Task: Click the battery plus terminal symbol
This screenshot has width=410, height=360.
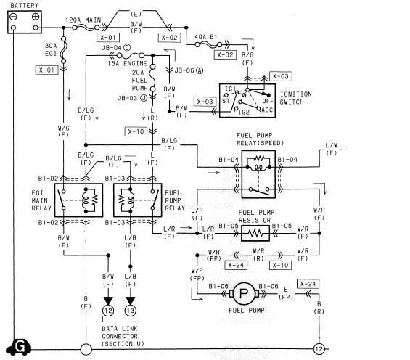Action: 36,17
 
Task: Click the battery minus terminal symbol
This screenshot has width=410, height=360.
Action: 13,17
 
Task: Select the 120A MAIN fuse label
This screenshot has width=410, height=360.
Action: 83,20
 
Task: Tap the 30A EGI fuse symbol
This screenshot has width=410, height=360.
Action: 63,50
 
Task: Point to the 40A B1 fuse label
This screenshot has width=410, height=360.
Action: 206,37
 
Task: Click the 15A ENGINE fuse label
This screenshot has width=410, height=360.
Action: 127,64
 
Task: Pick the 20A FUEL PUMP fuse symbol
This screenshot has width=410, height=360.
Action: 152,78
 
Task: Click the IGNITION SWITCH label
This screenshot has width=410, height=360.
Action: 296,98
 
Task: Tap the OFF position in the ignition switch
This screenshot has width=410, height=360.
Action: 268,101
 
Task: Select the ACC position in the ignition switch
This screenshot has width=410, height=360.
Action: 267,110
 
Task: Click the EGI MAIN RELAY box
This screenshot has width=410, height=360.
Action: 78,200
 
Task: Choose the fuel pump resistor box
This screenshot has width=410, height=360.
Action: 255,233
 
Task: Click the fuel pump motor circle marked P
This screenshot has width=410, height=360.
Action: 244,294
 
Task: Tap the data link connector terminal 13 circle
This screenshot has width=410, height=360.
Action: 130,311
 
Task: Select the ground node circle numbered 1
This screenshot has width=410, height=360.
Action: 86,349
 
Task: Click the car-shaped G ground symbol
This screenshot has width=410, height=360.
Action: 18,347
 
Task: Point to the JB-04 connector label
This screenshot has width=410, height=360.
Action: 116,48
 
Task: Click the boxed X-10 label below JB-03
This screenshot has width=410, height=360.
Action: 136,131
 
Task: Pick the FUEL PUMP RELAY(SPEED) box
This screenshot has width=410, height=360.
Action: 258,174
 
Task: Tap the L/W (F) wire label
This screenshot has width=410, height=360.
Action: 332,150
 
